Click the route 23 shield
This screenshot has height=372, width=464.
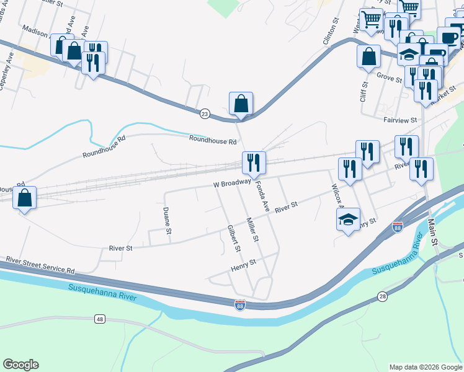205,113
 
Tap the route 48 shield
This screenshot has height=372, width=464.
99,319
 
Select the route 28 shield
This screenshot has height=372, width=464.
382,297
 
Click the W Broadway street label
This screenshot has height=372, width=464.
231,184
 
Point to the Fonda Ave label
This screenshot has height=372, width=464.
262,196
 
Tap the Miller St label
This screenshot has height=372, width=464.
252,230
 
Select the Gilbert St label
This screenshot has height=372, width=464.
233,239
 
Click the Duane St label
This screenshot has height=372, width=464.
167,221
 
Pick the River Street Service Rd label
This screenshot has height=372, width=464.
40,265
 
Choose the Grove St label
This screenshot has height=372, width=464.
390,76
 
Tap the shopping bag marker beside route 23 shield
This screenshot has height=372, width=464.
241,104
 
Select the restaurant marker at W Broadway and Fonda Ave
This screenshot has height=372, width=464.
254,163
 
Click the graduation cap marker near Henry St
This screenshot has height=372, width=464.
348,218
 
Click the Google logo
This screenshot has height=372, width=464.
20,365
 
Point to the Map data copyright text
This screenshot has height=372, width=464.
425,367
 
